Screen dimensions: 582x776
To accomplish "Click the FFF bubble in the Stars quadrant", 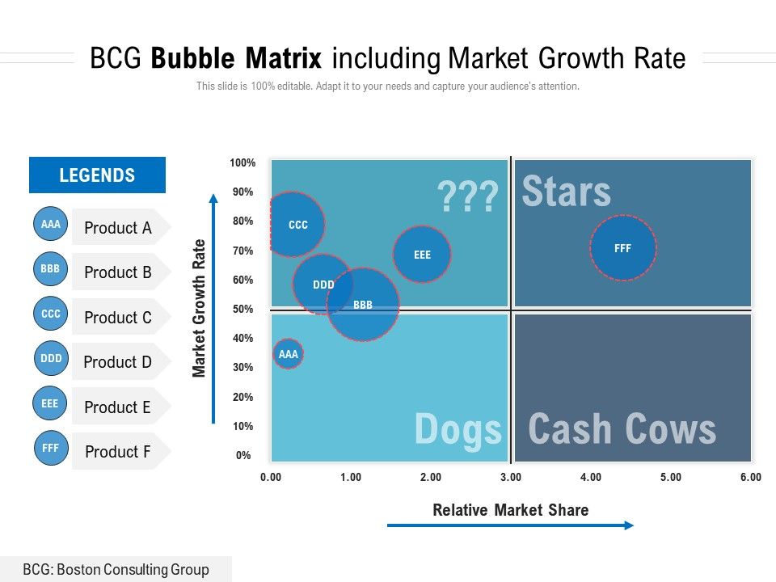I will pyautogui.click(x=622, y=248).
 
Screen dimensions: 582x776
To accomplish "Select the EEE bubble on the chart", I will pyautogui.click(x=422, y=254).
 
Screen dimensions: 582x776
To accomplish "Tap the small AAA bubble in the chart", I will pyautogui.click(x=288, y=354).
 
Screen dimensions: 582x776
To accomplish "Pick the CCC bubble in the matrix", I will pyautogui.click(x=297, y=225).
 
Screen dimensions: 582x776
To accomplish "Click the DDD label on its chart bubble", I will pyautogui.click(x=323, y=285).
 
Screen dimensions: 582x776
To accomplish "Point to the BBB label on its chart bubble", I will pyautogui.click(x=363, y=305).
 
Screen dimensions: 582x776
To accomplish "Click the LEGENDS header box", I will pyautogui.click(x=97, y=175).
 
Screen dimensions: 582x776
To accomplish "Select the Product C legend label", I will pyautogui.click(x=118, y=318).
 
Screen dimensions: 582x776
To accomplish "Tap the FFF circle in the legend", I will pyautogui.click(x=50, y=448).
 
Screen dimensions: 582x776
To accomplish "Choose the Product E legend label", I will pyautogui.click(x=118, y=407).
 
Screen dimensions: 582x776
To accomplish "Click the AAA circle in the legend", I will pyautogui.click(x=50, y=224).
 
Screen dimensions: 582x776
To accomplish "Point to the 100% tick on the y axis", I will pyautogui.click(x=242, y=163).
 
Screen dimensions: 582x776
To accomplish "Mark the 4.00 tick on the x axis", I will pyautogui.click(x=590, y=478).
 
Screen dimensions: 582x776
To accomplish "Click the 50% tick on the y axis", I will pyautogui.click(x=243, y=310).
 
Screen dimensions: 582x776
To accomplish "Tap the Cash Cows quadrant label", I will pyautogui.click(x=622, y=429).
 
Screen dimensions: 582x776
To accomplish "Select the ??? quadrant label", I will pyautogui.click(x=467, y=196).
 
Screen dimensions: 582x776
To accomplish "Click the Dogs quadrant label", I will pyautogui.click(x=458, y=429).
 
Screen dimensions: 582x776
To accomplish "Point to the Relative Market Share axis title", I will pyautogui.click(x=510, y=510).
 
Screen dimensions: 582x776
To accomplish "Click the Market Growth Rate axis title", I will pyautogui.click(x=199, y=308).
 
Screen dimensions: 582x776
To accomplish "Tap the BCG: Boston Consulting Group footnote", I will pyautogui.click(x=116, y=570).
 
